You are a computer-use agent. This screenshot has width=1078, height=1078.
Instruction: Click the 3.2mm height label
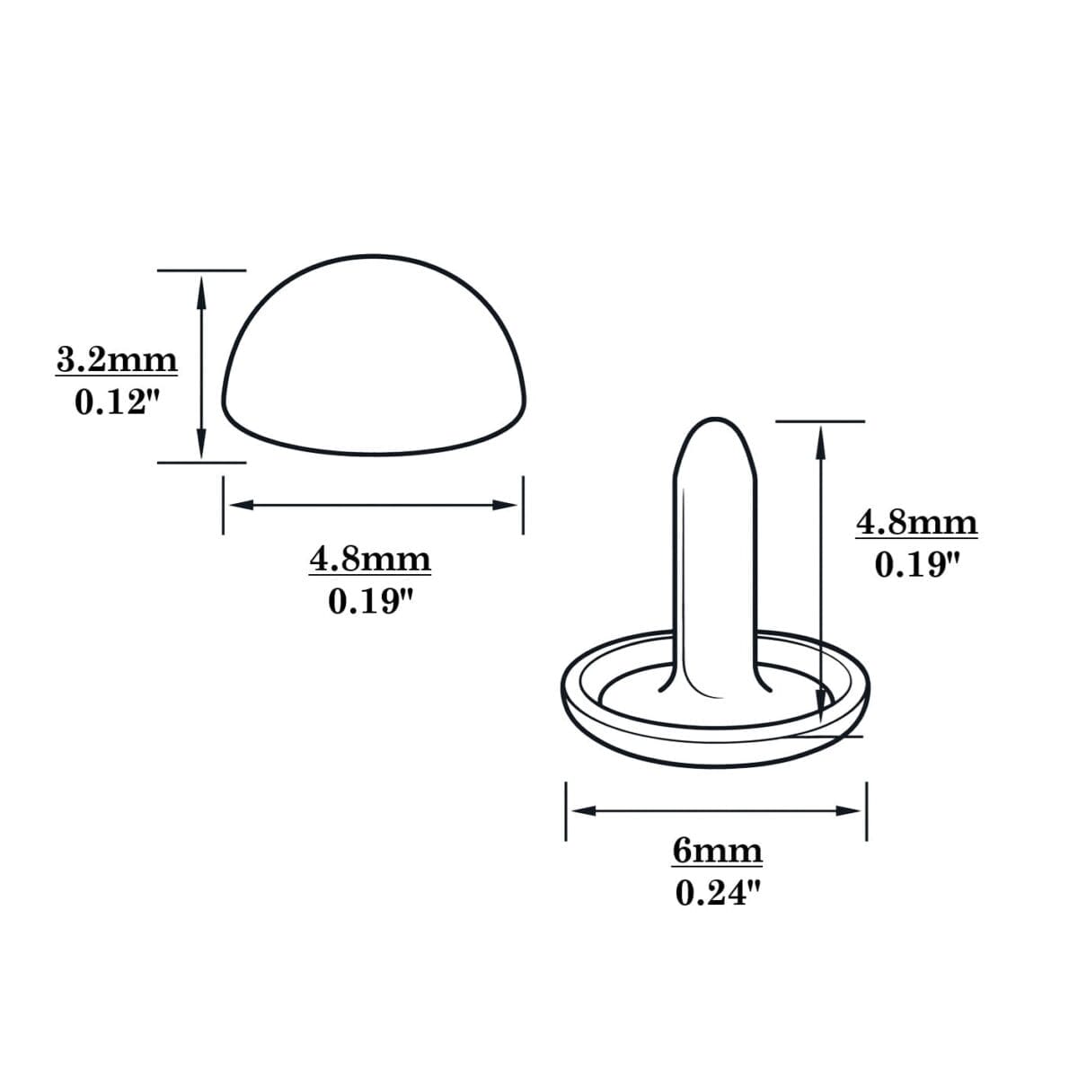coord(117,360)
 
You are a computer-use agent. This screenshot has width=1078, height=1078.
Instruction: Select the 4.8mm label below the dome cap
coord(370,560)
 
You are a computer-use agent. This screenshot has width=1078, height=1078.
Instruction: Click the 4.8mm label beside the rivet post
coord(916,522)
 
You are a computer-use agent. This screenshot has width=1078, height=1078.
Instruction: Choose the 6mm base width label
coord(717,850)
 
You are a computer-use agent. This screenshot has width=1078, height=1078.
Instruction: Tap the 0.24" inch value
coord(717,893)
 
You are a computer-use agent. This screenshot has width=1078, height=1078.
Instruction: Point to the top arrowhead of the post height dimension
coord(820,438)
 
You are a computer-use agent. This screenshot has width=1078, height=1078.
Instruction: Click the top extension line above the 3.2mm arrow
coord(201,269)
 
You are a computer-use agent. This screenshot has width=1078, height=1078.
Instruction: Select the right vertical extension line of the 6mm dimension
coord(866,810)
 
